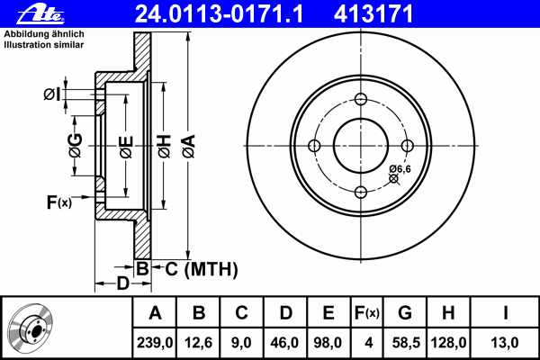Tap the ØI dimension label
coord(52,93)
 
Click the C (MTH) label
coord(200,267)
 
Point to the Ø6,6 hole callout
coord(400,169)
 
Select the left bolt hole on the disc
coord(314,146)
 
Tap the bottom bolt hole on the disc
coord(361,191)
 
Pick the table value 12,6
coord(199,342)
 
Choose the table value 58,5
coord(404,342)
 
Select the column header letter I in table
coord(506,313)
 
